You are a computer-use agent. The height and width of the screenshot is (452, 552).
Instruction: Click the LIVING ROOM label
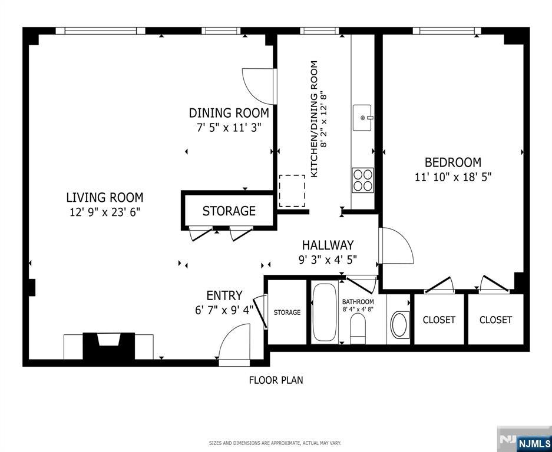click(105, 197)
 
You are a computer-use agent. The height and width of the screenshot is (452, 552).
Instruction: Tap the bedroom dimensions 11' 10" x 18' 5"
click(452, 177)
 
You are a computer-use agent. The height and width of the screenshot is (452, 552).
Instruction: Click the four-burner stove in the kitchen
click(363, 180)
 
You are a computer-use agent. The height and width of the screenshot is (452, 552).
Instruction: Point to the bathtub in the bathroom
click(324, 312)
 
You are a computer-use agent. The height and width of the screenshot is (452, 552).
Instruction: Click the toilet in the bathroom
click(358, 328)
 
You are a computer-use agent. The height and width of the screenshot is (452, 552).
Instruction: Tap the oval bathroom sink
click(401, 324)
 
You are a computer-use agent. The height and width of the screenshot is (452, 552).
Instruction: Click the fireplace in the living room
click(108, 346)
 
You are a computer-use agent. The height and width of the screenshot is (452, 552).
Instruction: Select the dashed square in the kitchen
click(292, 191)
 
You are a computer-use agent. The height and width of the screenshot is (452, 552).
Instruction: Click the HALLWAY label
click(328, 245)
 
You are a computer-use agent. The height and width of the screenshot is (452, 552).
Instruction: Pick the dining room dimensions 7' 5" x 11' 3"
click(229, 127)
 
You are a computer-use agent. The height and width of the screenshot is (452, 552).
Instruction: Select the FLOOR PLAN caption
click(276, 380)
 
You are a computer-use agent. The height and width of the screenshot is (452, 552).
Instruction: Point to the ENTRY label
click(224, 295)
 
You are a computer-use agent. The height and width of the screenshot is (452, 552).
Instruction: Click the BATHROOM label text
click(358, 302)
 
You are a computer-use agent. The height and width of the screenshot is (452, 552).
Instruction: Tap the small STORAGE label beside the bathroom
click(287, 312)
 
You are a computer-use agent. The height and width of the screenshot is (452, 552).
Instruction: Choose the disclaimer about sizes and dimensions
click(275, 443)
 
